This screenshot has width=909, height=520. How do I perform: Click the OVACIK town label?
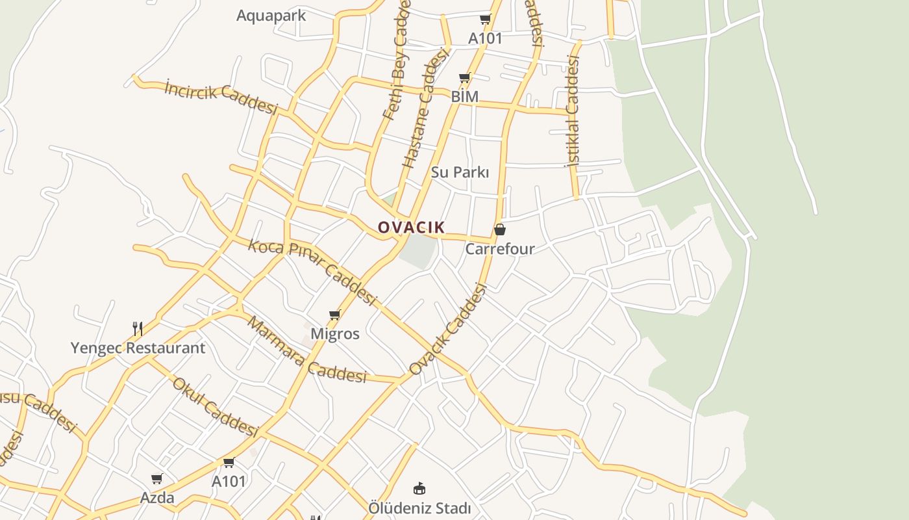click(412, 227)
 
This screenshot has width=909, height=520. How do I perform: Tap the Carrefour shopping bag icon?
click(500, 229)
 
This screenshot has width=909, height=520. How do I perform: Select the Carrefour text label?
click(500, 249)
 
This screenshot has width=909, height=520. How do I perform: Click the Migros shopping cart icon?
click(335, 315)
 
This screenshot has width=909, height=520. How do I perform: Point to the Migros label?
click(335, 334)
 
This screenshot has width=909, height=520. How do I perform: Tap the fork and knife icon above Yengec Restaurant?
click(138, 329)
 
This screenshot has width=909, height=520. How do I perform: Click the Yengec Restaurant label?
click(138, 348)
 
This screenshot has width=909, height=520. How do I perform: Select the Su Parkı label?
click(460, 172)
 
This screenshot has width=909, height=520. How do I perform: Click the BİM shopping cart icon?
click(465, 78)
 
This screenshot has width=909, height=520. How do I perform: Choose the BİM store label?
click(465, 97)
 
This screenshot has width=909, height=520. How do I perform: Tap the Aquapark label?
click(271, 16)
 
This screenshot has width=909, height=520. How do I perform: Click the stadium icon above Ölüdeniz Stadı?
click(419, 488)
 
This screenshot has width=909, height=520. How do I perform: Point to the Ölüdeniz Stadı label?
click(419, 508)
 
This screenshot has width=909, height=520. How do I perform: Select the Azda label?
click(157, 498)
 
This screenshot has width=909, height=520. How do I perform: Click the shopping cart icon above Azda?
click(157, 479)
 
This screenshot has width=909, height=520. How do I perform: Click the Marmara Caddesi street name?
click(307, 350)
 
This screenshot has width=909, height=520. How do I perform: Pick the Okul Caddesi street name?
click(216, 406)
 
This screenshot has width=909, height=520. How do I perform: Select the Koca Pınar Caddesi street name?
click(312, 272)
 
